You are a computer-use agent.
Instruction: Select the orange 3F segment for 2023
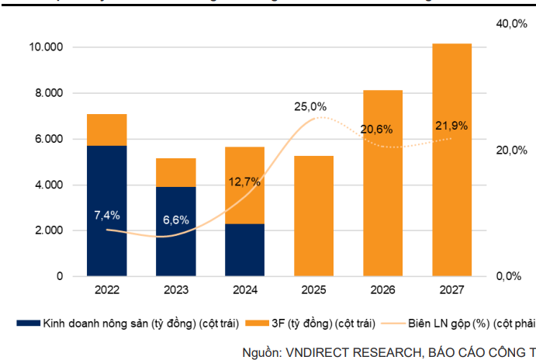[175, 172]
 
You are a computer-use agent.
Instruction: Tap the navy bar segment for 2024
[244, 250]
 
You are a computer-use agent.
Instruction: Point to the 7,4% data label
[106, 215]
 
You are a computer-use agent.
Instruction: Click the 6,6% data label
[176, 220]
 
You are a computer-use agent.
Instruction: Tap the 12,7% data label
[245, 182]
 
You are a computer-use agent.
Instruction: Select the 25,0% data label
[309, 107]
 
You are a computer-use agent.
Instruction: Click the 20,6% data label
[378, 130]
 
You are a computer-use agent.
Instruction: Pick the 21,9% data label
[451, 126]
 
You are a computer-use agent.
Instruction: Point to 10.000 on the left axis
[45, 47]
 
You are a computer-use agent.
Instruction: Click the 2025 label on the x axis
[313, 290]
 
